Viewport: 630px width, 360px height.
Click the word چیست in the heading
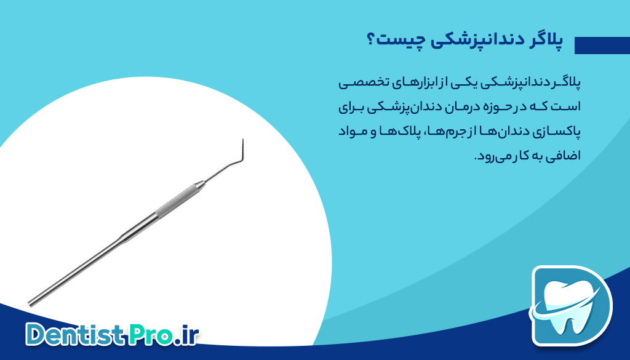pos(399,41)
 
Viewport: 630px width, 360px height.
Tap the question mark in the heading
pos(371,40)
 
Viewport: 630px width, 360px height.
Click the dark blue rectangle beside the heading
pos(602,46)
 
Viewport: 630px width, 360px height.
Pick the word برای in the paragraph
pos(351,108)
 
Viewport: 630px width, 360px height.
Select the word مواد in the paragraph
pos(348,132)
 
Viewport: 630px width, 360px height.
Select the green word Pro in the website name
pos(151,334)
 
